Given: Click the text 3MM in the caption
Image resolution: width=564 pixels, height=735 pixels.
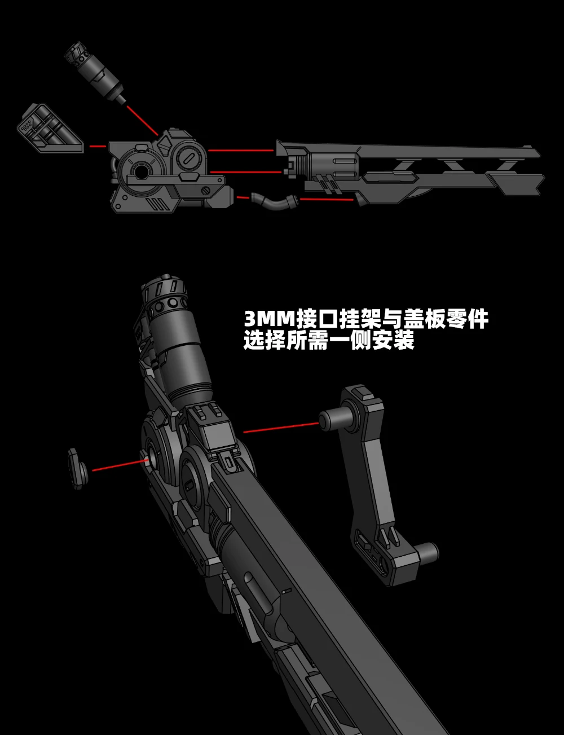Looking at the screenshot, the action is [x=269, y=320].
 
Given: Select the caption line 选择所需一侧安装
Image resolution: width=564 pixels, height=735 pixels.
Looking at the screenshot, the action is [x=329, y=341].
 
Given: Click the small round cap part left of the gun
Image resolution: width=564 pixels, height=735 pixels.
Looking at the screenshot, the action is [x=77, y=467].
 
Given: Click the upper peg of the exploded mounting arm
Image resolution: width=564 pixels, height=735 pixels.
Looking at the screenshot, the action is [x=333, y=419].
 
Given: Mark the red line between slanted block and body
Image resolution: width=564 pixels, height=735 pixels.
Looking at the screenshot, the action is [x=98, y=146].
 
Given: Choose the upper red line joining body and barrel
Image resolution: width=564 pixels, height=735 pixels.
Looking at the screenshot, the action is [x=241, y=151].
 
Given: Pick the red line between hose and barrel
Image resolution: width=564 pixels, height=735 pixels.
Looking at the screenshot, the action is [x=325, y=199].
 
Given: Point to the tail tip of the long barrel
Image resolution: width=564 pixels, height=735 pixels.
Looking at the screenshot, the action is [x=536, y=183].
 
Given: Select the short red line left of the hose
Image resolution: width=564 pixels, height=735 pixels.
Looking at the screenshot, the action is [x=243, y=197].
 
